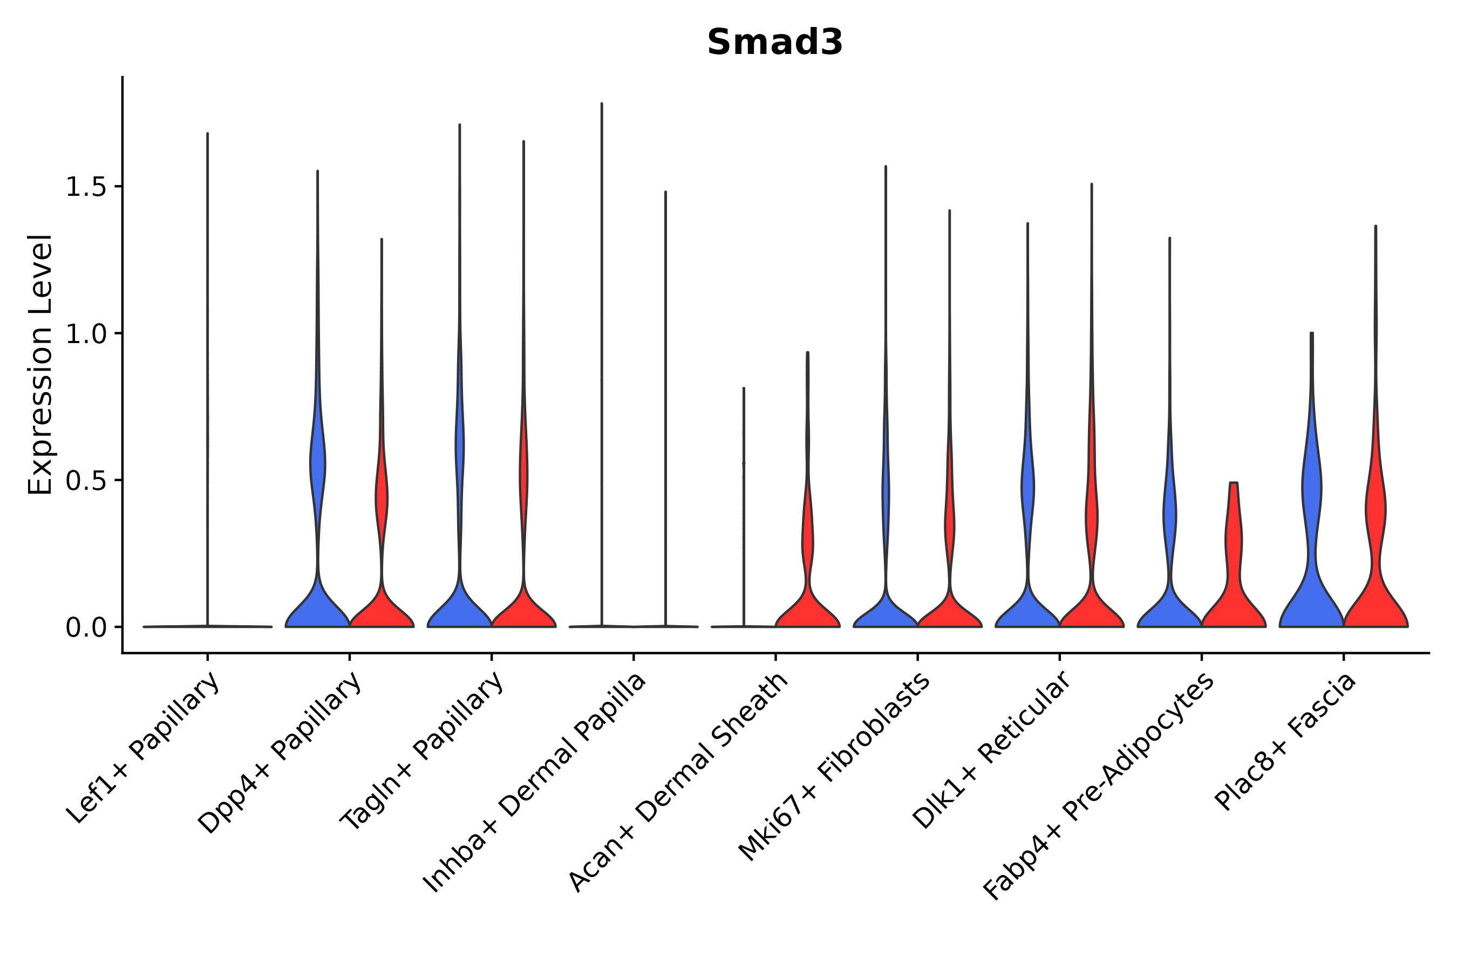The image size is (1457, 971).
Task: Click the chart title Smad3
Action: (x=774, y=43)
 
